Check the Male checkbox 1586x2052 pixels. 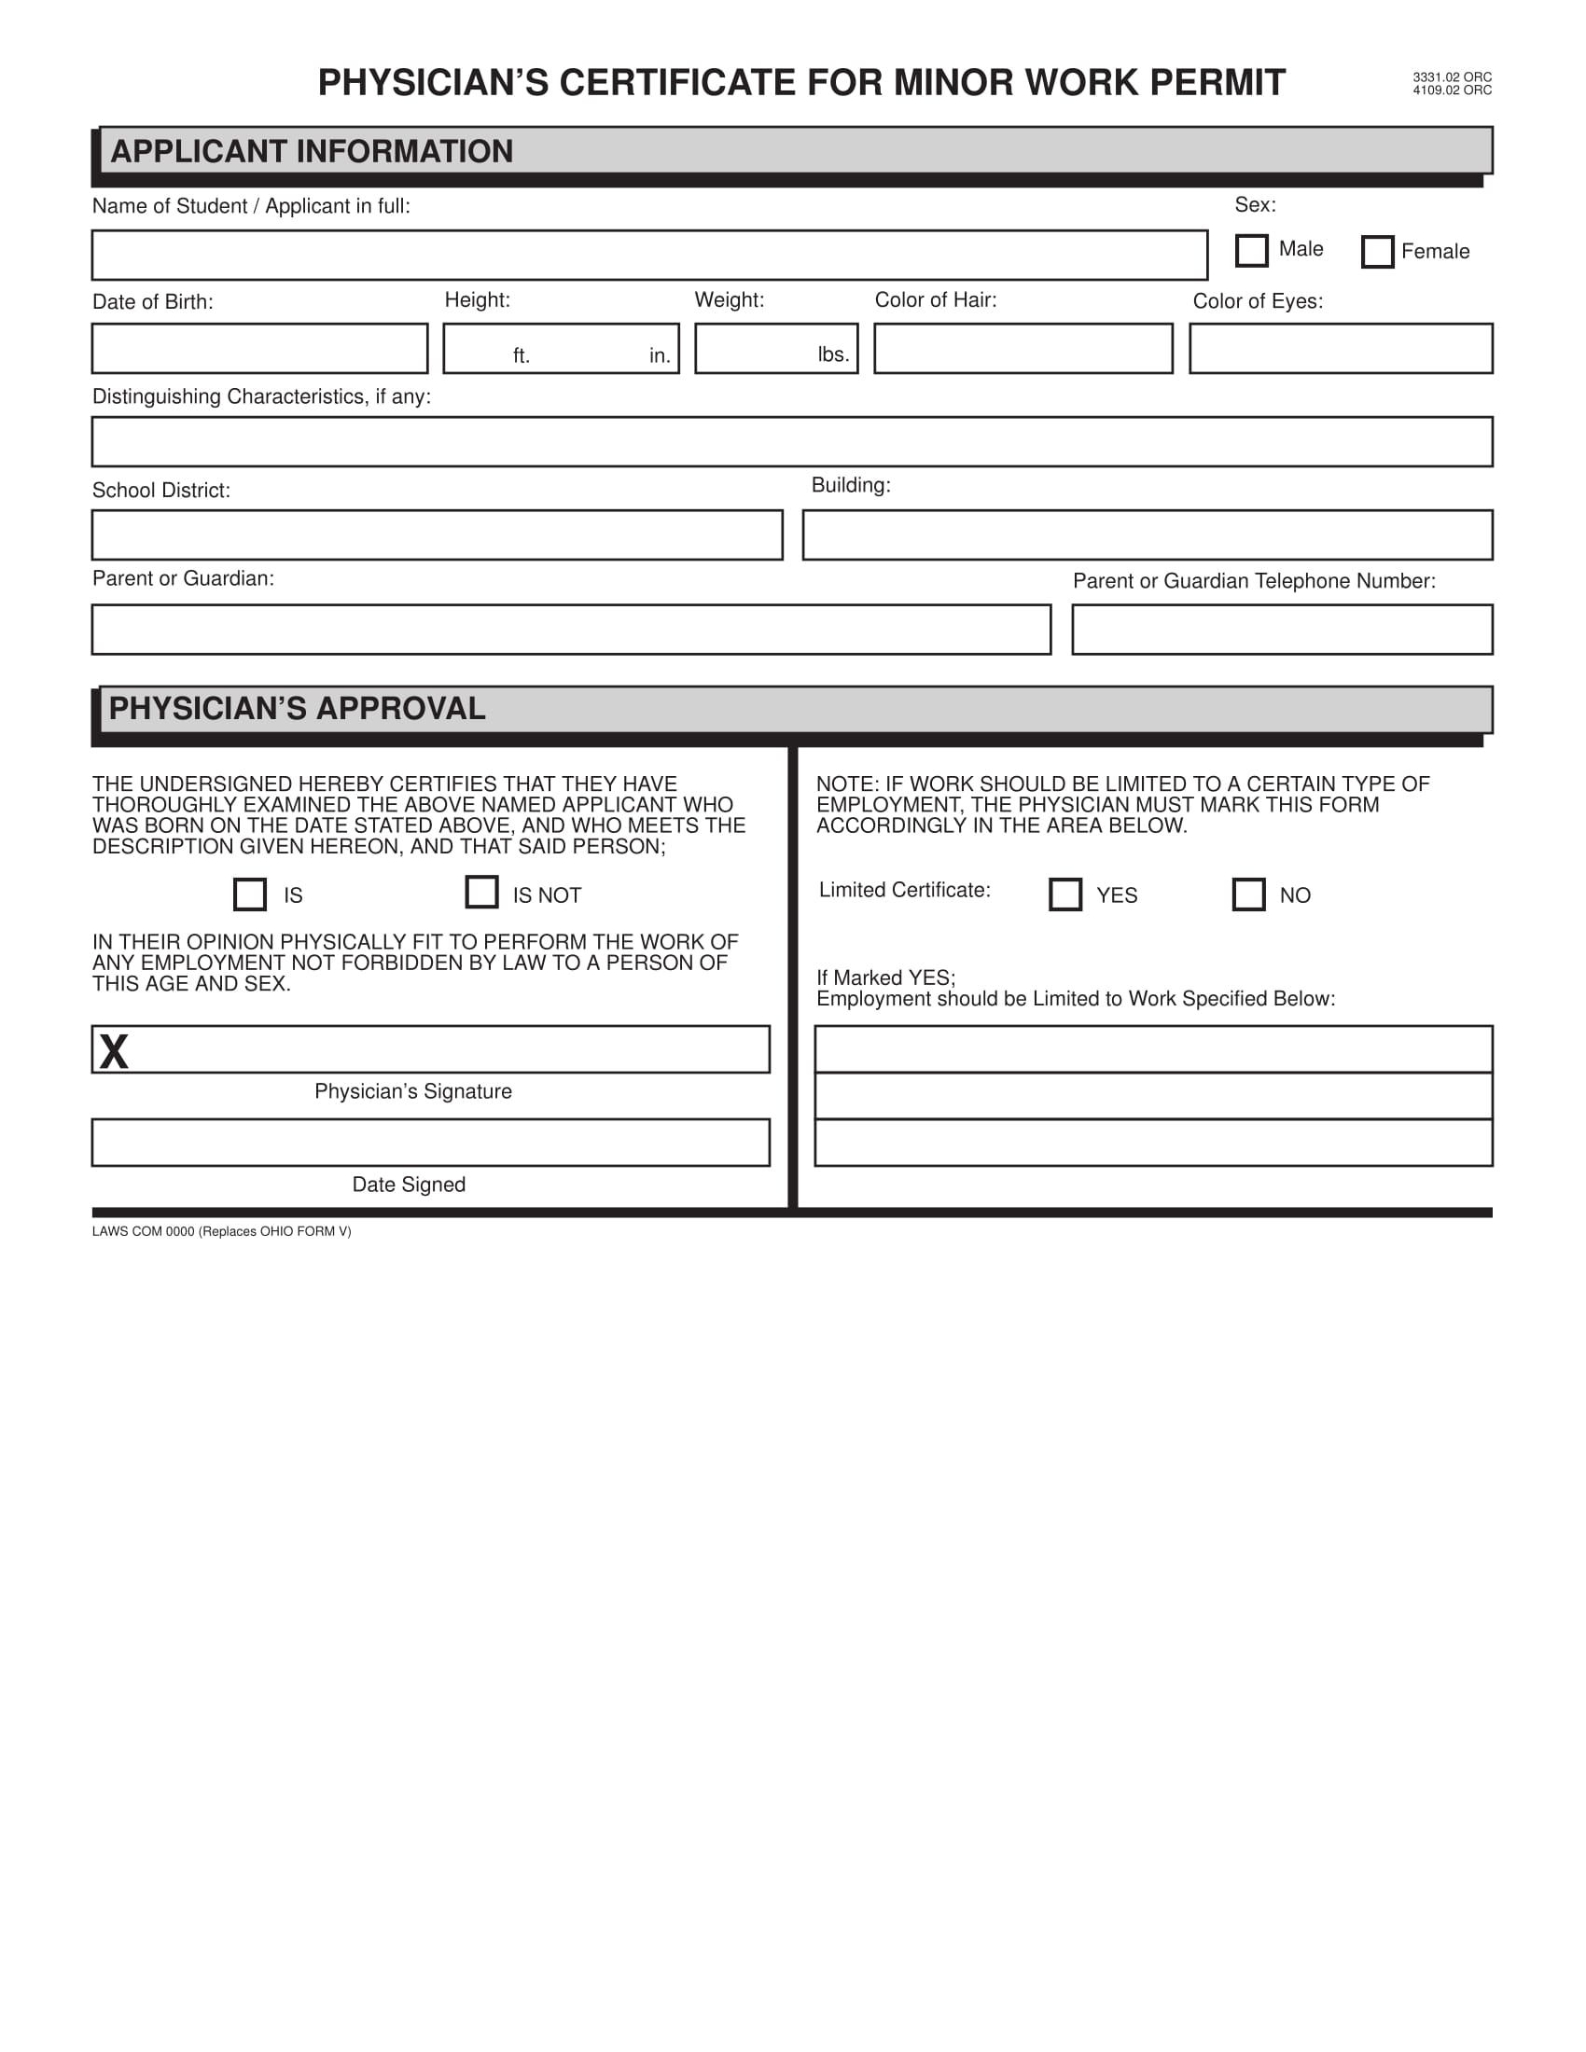pos(1250,251)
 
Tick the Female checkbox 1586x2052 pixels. pos(1376,252)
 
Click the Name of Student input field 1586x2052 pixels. pos(648,256)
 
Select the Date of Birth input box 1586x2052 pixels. pos(259,349)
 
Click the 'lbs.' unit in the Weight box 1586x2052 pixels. pos(832,354)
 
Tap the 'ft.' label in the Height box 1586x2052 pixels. pos(522,356)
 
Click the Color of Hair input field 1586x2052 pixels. pos(1023,349)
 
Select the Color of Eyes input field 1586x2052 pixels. pos(1340,349)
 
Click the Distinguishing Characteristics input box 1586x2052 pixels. pos(791,441)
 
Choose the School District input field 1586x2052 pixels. pos(437,535)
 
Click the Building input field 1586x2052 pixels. pos(1147,535)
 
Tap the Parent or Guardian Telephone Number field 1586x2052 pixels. pos(1282,630)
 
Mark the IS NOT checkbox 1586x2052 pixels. pos(481,892)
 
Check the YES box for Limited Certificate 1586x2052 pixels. pos(1064,894)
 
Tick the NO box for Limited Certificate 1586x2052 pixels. pos(1247,894)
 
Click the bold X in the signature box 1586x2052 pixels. pos(114,1051)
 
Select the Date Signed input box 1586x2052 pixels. pos(430,1143)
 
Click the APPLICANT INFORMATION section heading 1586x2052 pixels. pos(312,151)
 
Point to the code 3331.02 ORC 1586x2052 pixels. pos(1452,77)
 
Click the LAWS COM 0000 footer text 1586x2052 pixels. pos(222,1232)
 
